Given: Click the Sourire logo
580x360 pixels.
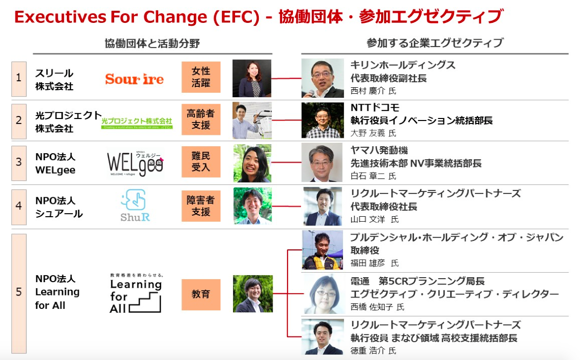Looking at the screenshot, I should coord(134,79).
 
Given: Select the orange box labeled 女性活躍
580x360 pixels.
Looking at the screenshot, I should coord(201,77).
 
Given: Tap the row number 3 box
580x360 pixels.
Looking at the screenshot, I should coord(19,162).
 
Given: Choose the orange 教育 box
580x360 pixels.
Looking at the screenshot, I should coord(201,294).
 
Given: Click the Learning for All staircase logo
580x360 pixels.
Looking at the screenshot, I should coord(136,294).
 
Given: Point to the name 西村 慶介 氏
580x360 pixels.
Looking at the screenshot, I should coord(373,91).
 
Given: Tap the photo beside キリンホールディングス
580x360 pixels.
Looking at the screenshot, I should coord(322,78).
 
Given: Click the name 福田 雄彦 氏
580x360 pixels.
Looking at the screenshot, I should coord(374,263).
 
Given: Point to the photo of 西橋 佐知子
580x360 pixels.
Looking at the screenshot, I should coord(322,294).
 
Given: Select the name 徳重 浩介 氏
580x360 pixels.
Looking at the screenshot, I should coord(373,351).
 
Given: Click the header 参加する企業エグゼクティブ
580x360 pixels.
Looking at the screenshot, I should coord(435,43).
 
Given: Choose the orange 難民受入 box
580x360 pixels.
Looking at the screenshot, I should coord(201,162).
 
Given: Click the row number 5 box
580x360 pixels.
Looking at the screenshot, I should coord(19,292).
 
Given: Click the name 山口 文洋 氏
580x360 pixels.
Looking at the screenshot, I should coord(374,219).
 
